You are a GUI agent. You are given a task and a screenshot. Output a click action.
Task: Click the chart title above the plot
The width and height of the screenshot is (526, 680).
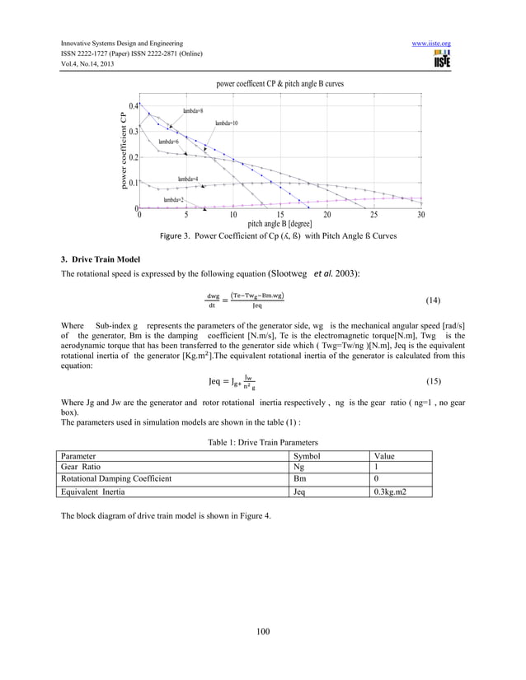(x=279, y=85)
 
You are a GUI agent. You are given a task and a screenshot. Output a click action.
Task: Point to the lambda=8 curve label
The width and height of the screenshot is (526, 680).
(x=193, y=110)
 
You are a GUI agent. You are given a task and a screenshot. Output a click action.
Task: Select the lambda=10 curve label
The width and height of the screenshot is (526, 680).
(x=227, y=123)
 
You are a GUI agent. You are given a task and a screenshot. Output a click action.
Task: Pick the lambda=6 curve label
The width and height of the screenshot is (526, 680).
(x=170, y=142)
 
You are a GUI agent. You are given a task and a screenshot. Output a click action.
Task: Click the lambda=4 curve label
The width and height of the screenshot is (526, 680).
(x=187, y=179)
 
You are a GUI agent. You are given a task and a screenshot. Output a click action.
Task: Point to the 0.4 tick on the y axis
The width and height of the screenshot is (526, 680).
(x=133, y=106)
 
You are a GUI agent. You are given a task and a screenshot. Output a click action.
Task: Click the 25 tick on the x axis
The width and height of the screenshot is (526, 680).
(x=374, y=216)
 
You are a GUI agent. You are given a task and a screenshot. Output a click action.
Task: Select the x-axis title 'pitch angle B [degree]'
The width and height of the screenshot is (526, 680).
(x=280, y=224)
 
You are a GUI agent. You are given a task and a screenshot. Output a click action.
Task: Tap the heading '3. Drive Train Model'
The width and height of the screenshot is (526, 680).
(x=94, y=260)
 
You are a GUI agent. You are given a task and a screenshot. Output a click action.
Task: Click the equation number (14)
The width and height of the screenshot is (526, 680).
(x=432, y=301)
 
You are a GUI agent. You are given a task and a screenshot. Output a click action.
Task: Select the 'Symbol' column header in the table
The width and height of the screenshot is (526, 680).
(x=308, y=455)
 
